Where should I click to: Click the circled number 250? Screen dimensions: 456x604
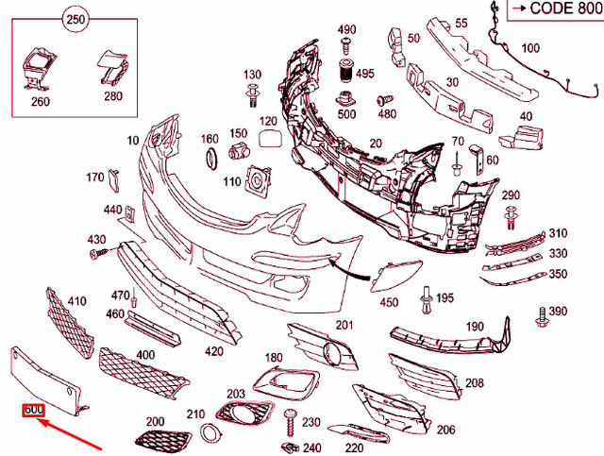[75, 18]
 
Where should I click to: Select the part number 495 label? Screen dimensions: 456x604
[365, 73]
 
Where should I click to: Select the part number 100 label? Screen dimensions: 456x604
[530, 48]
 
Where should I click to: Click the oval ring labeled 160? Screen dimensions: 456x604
[211, 157]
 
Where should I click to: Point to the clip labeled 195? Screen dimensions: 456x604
[428, 300]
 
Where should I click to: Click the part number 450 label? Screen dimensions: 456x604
[389, 302]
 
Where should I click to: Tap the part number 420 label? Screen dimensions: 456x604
[214, 351]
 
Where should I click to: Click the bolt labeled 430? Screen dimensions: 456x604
[95, 253]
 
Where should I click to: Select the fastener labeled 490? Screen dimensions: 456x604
[346, 43]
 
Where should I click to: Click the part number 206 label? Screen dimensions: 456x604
[445, 430]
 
